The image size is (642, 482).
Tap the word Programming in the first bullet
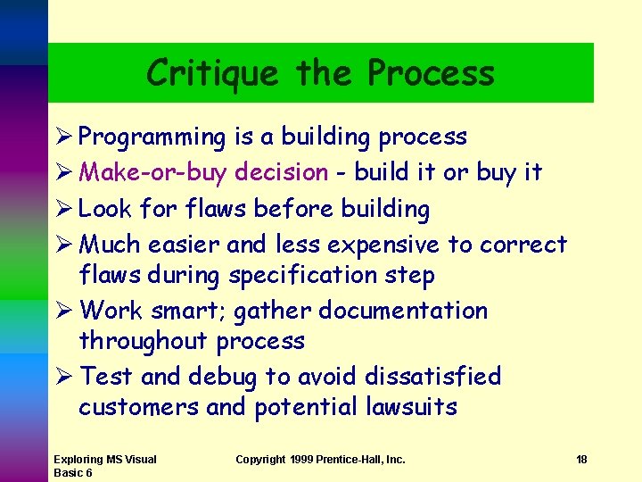[x=152, y=137]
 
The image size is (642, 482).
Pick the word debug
[x=222, y=377]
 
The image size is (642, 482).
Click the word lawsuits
[x=411, y=408]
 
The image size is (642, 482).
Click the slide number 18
[x=581, y=460]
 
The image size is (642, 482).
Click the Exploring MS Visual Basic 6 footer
[x=104, y=465]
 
